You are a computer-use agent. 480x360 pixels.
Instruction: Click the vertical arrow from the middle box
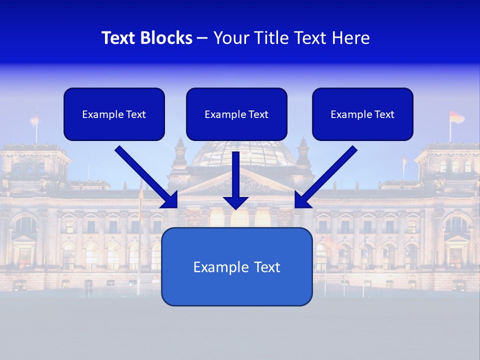point(236,172)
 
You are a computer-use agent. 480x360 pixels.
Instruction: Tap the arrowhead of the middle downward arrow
point(236,202)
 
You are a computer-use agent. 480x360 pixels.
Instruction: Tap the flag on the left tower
point(34,119)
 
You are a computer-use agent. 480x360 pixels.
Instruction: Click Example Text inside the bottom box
point(236,267)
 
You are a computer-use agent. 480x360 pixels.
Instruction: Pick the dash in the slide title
point(202,38)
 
